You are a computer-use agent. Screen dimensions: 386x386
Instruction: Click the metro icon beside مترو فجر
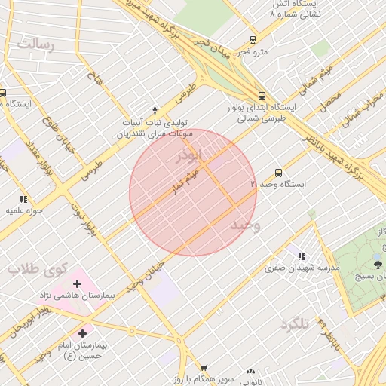point(252,40)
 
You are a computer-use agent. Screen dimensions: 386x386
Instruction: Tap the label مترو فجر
point(253,52)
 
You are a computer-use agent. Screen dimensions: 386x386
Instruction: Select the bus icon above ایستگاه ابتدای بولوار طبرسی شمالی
point(262,96)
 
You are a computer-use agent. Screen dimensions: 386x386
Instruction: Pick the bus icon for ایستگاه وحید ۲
point(278,173)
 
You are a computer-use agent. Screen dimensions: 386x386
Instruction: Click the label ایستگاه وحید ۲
point(279,184)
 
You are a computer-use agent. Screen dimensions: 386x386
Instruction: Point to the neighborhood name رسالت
point(36,44)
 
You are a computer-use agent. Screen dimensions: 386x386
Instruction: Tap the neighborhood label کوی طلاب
point(38,268)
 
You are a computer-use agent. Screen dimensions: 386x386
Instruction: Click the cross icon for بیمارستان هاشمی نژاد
point(77,284)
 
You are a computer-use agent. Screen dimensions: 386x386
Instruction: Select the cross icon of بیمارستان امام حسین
point(81,332)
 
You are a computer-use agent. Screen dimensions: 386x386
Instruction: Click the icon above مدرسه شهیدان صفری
point(303,256)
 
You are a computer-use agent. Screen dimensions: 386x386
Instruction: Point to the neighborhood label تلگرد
point(295,324)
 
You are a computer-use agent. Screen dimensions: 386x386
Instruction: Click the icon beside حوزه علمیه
point(23,199)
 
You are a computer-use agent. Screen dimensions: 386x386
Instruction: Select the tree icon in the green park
point(378,264)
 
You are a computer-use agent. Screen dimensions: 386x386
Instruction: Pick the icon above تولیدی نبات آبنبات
point(155,110)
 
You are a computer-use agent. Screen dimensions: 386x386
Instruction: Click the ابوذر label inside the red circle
point(189,156)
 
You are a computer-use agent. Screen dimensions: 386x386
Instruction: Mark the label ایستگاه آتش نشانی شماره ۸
point(295,9)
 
